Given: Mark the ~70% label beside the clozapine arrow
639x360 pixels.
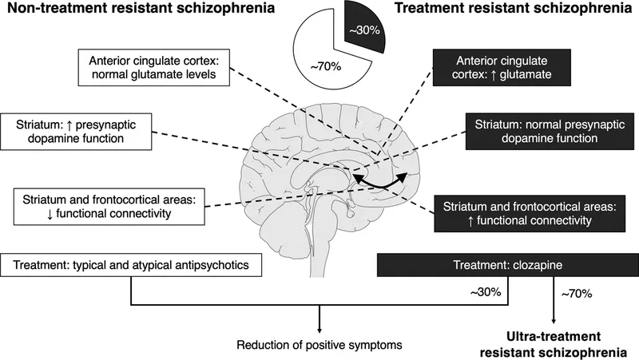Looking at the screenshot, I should click(577, 294).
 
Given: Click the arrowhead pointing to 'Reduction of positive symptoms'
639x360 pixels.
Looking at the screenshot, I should click(319, 330).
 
